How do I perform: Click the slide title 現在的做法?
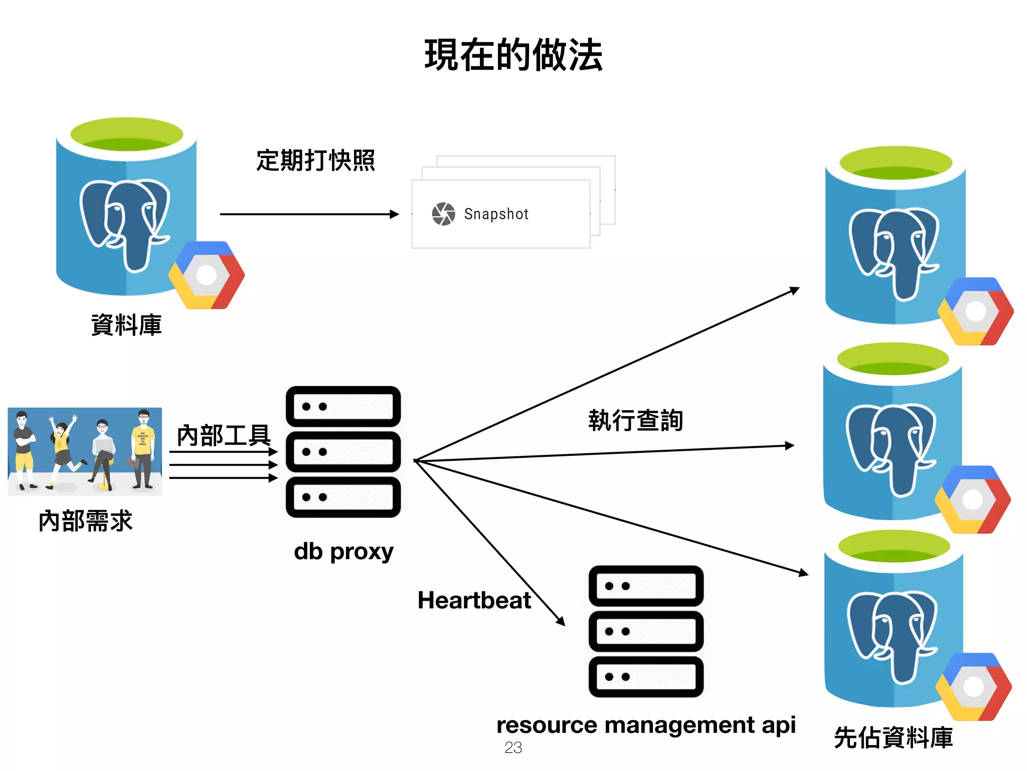pyautogui.click(x=513, y=55)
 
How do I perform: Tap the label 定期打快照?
pyautogui.click(x=315, y=161)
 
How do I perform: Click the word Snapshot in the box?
pyautogui.click(x=496, y=214)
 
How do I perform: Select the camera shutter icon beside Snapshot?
pyautogui.click(x=443, y=214)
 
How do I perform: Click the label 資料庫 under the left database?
pyautogui.click(x=126, y=325)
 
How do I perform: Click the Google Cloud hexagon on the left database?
pyautogui.click(x=207, y=275)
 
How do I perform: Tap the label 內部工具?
pyautogui.click(x=224, y=435)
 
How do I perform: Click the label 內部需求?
pyautogui.click(x=85, y=521)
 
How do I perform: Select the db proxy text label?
pyautogui.click(x=344, y=552)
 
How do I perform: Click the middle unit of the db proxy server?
pyautogui.click(x=343, y=452)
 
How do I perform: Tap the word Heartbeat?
pyautogui.click(x=474, y=600)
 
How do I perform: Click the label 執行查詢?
pyautogui.click(x=635, y=420)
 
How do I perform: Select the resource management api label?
pyautogui.click(x=646, y=725)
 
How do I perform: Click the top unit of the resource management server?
pyautogui.click(x=646, y=586)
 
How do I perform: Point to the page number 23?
pyautogui.click(x=513, y=748)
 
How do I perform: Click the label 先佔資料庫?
pyautogui.click(x=893, y=738)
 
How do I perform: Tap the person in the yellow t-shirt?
pyautogui.click(x=143, y=449)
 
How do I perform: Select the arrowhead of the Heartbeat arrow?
pyautogui.click(x=561, y=622)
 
